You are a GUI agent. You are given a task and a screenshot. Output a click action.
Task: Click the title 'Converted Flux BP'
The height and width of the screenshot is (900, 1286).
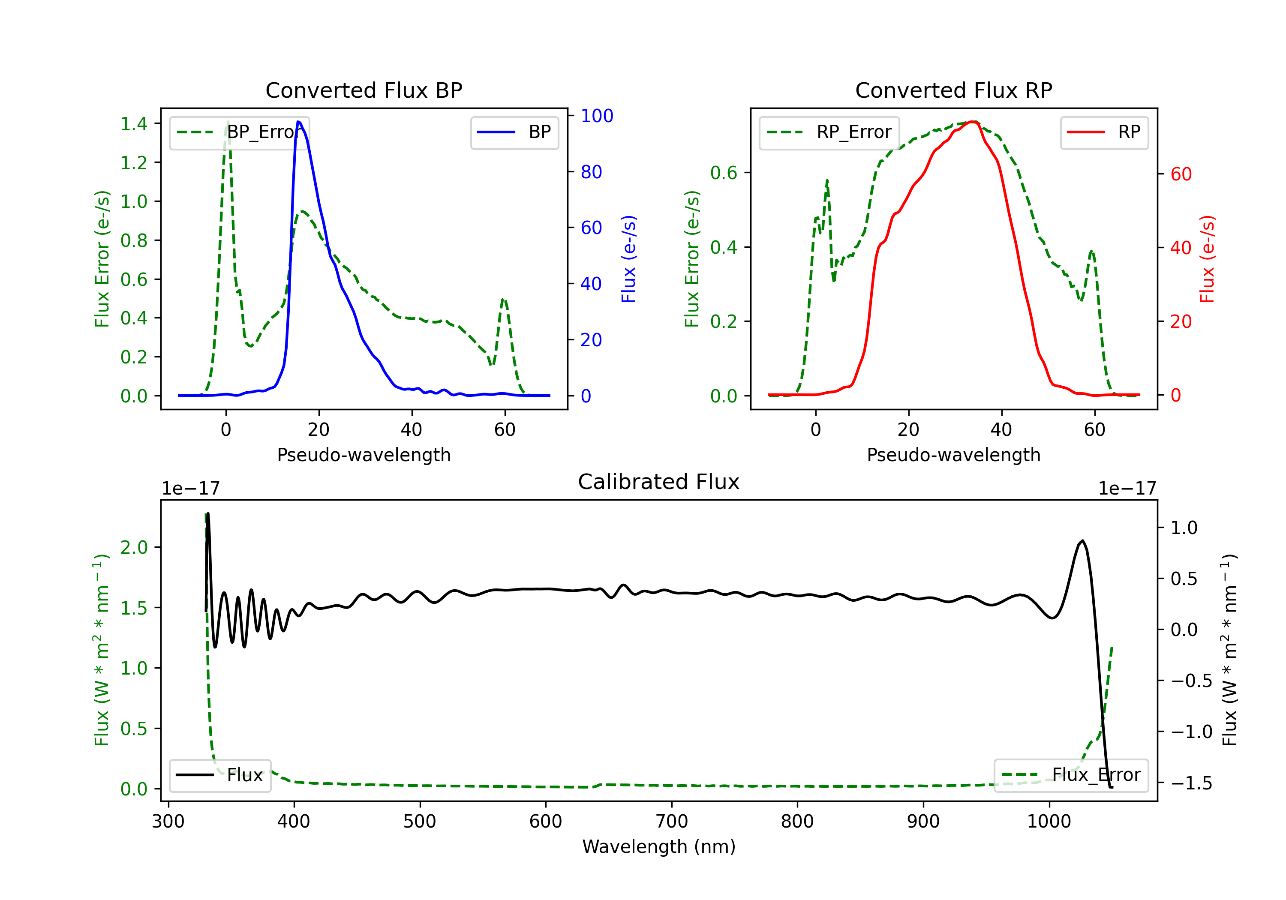click(x=364, y=90)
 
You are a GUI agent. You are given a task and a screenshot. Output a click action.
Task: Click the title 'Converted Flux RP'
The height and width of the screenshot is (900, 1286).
click(x=953, y=90)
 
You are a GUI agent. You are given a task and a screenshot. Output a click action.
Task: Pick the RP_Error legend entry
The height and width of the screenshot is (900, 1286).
click(x=829, y=132)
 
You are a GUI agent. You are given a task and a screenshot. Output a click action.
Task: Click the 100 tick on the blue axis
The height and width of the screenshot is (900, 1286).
click(x=597, y=116)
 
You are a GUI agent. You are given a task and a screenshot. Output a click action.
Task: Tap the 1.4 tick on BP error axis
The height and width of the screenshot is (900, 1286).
click(x=134, y=124)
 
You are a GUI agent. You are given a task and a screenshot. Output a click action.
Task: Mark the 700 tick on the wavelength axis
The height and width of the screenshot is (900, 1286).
click(x=672, y=821)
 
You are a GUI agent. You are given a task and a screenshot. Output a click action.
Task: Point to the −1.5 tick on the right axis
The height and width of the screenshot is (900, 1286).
click(x=1191, y=783)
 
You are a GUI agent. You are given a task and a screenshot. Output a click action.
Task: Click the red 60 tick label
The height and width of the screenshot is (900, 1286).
click(x=1181, y=174)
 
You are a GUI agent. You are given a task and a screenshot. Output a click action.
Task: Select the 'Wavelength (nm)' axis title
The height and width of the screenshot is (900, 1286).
click(x=659, y=846)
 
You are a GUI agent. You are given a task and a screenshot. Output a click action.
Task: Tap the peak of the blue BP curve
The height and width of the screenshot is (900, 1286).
click(x=298, y=122)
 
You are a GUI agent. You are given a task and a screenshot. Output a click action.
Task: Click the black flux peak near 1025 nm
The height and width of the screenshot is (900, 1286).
click(x=1082, y=541)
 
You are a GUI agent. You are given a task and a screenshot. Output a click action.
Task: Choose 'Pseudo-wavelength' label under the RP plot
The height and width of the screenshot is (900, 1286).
click(x=953, y=455)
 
